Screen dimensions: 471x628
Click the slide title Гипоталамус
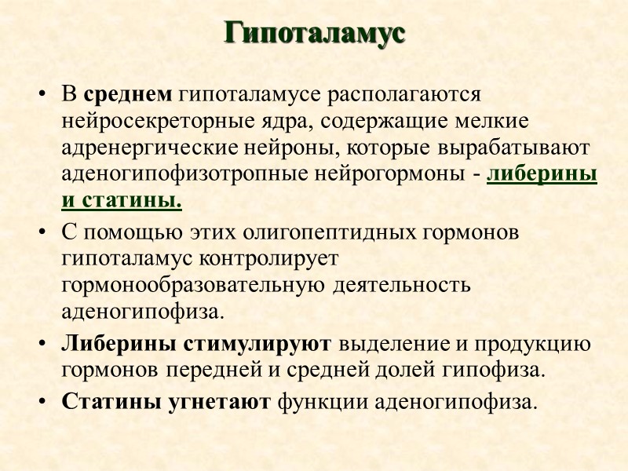[x=314, y=34]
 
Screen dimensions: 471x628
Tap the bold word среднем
[x=128, y=95]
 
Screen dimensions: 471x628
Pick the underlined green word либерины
[x=542, y=175]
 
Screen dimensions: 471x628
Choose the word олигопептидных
[x=320, y=233]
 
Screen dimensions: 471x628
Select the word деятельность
[x=402, y=285]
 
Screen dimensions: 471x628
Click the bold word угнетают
[x=220, y=403]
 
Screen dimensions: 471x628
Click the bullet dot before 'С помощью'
[x=42, y=234]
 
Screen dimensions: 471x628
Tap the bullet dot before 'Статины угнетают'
[x=42, y=403]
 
